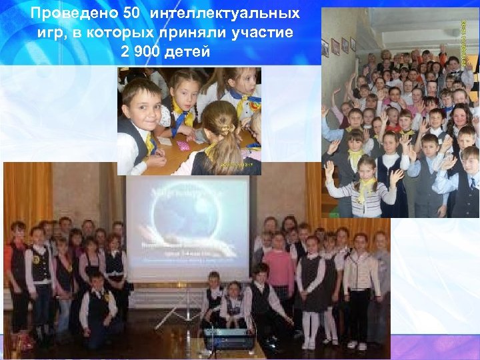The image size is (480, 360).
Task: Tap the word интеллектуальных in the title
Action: [x=225, y=13]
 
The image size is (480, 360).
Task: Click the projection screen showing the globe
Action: [x=187, y=227]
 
